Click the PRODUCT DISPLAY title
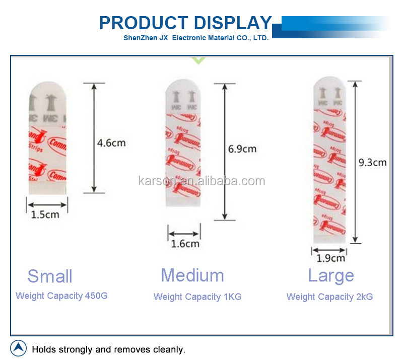coord(185,23)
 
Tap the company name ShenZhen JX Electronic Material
coord(196,38)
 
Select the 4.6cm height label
coord(111,143)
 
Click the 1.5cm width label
coord(45,214)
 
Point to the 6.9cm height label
coord(242,149)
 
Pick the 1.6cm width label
coord(185,244)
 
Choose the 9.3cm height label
coord(373,163)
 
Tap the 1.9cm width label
coord(331,258)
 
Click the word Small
coord(50,276)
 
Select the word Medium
coord(192,275)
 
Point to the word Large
coord(331,276)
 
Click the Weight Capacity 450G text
coord(61,296)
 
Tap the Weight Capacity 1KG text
coord(197,297)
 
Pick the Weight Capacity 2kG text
coord(330,297)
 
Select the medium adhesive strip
coord(184,146)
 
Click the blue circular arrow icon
coord(19,348)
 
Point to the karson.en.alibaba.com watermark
coord(201,181)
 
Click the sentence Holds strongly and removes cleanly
coord(109,349)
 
